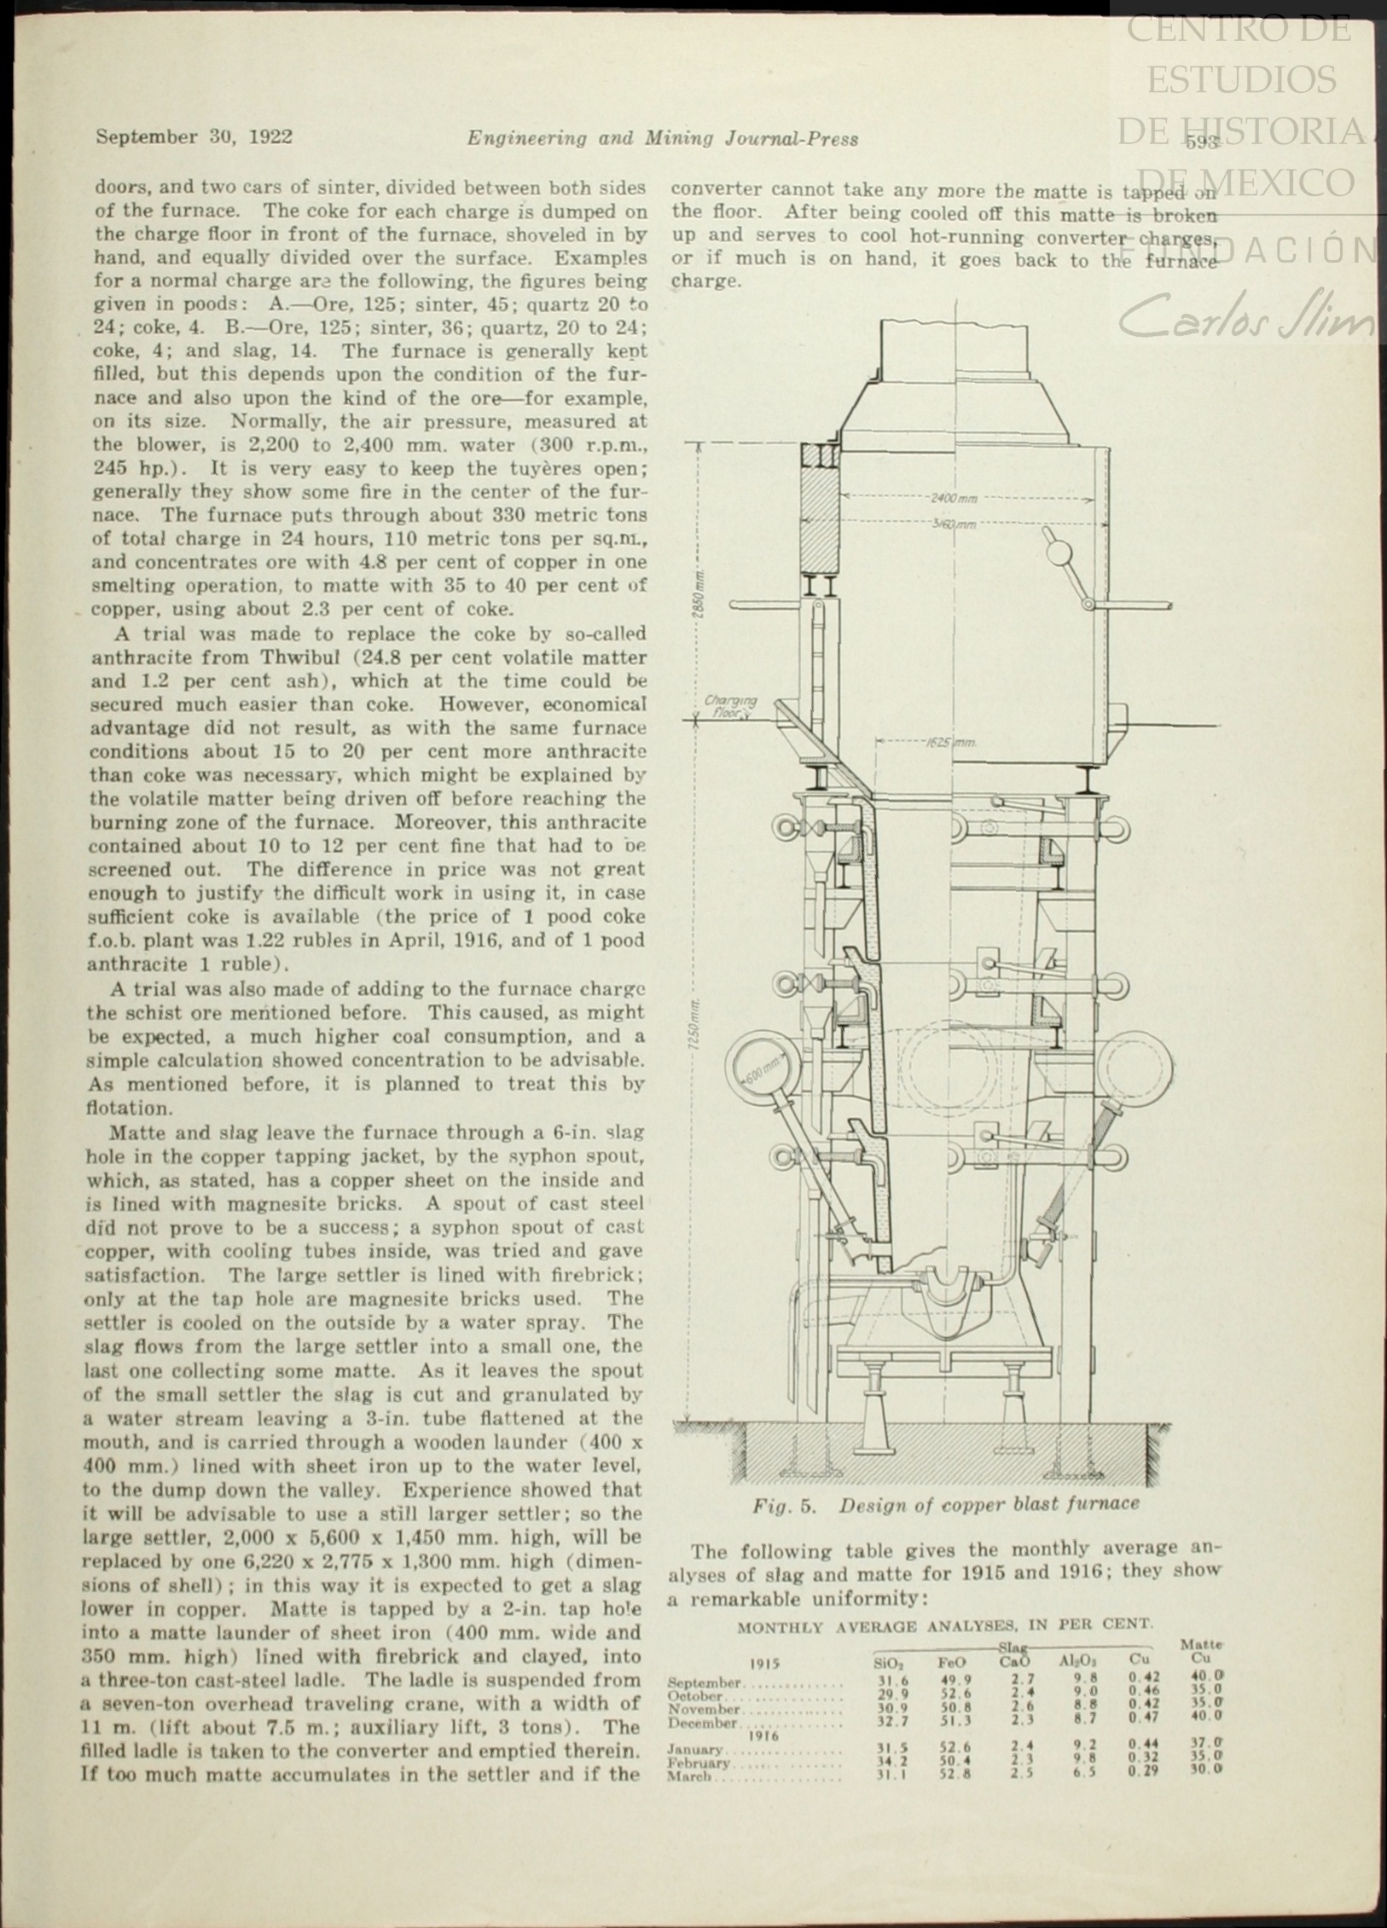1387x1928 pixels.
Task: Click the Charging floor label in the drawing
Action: click(x=729, y=707)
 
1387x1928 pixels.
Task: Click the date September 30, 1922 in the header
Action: click(x=194, y=137)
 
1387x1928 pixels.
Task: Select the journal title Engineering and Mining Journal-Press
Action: click(x=662, y=138)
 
